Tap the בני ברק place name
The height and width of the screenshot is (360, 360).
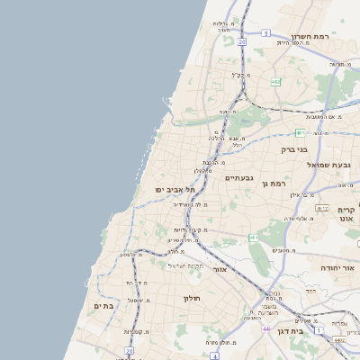pos(294,150)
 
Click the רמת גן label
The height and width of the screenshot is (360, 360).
pos(272,184)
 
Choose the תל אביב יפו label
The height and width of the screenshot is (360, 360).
pos(175,191)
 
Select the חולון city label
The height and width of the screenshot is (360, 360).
pos(191,298)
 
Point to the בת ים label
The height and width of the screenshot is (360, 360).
pos(103,306)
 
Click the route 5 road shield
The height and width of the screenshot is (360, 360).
pos(265,33)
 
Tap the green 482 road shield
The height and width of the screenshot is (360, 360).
pos(275,82)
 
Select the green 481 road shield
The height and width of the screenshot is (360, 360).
pos(255,238)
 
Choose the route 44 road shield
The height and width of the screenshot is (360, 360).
pos(266,329)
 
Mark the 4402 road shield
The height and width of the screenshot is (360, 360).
pos(338,340)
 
